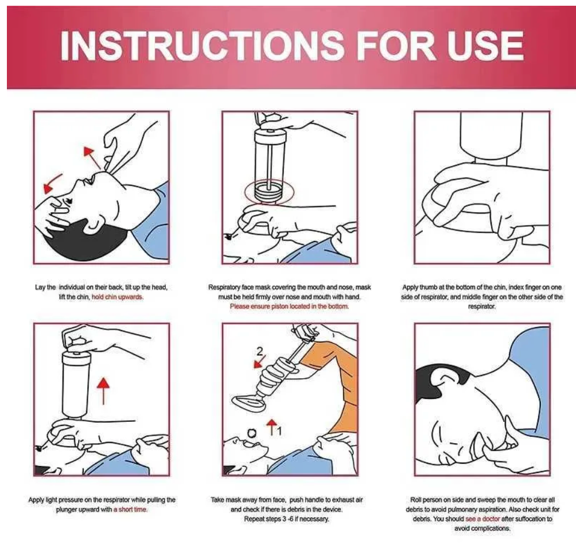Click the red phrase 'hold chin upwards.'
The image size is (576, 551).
[x=118, y=297]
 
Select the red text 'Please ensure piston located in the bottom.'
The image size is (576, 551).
[x=289, y=306]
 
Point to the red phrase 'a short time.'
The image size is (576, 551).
[x=130, y=510]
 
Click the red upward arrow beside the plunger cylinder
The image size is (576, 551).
[x=104, y=391]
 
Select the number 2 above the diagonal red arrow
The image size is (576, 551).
[x=260, y=352]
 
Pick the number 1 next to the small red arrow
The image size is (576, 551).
[x=279, y=430]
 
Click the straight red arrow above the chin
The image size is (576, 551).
[x=91, y=157]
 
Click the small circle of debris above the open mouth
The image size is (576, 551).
[x=252, y=433]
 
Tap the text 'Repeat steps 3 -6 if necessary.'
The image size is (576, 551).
[x=286, y=519]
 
